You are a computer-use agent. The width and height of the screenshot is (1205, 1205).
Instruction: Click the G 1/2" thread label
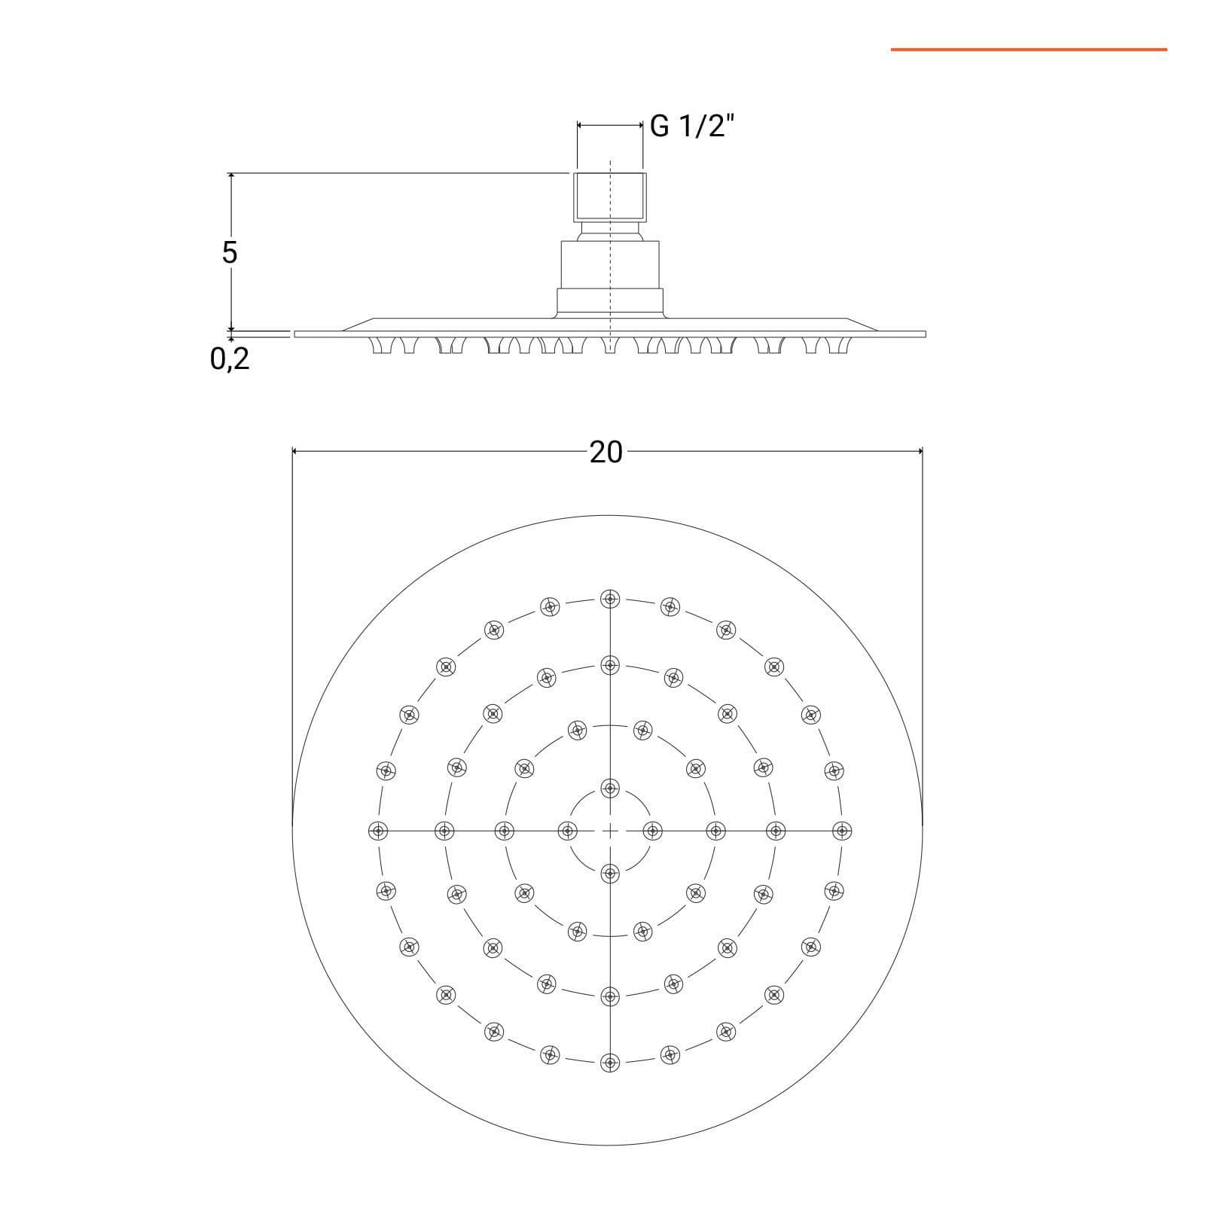(691, 126)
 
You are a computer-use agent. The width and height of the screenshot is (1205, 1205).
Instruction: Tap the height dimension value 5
(230, 252)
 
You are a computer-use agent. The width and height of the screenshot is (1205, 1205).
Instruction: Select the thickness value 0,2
(230, 360)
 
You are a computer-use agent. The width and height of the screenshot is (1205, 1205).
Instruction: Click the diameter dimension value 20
(606, 452)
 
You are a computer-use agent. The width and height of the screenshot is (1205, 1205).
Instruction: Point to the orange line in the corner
(1029, 50)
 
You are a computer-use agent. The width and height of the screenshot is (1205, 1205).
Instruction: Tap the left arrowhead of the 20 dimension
(296, 451)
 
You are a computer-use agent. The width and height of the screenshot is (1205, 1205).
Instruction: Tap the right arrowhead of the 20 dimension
(918, 451)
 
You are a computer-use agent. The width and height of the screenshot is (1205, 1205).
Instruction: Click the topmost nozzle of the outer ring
(609, 599)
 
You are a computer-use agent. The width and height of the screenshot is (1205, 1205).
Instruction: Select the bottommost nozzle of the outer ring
(609, 1063)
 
